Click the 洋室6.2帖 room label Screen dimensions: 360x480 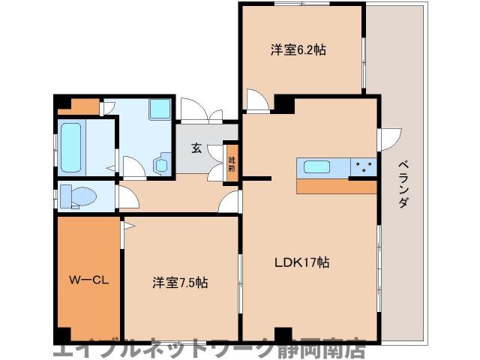tap(298, 51)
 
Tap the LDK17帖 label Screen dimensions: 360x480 tap(301, 262)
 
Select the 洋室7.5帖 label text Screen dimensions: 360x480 tap(180, 283)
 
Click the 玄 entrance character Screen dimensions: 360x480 tap(196, 148)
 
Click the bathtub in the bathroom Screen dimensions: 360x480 tap(72, 146)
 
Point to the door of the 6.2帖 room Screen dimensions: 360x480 tap(257, 101)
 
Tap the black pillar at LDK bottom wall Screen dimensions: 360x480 tap(283, 334)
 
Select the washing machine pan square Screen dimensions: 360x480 tap(160, 109)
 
